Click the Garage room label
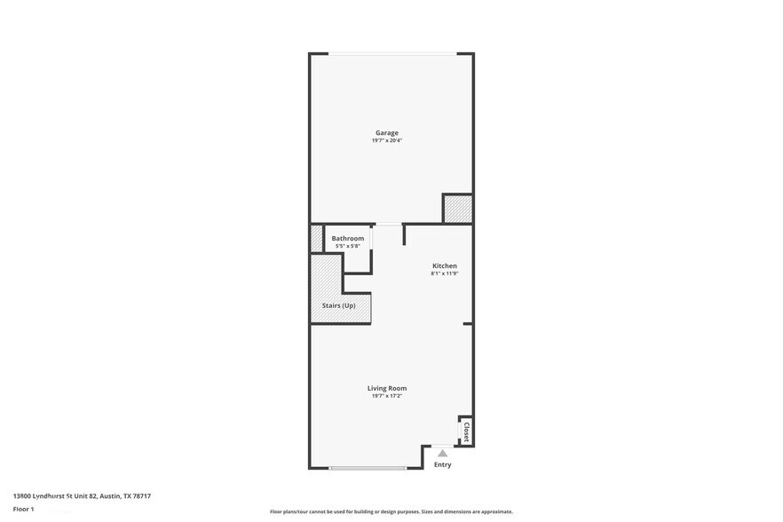(x=386, y=133)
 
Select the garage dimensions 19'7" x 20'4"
(x=386, y=141)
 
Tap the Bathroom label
(x=347, y=238)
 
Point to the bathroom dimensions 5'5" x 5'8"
(x=347, y=246)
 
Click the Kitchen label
(x=444, y=265)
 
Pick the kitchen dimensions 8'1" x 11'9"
(x=444, y=273)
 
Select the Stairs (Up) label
(x=338, y=305)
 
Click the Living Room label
(x=387, y=388)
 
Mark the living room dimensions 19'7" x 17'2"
(x=387, y=396)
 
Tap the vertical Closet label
(x=465, y=431)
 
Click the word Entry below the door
(x=442, y=465)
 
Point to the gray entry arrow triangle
(x=442, y=453)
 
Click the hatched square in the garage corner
(x=457, y=210)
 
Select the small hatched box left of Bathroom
(x=316, y=238)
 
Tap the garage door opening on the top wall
(x=391, y=54)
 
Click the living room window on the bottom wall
(x=367, y=468)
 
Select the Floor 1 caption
(x=23, y=509)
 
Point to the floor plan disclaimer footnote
(x=391, y=512)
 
